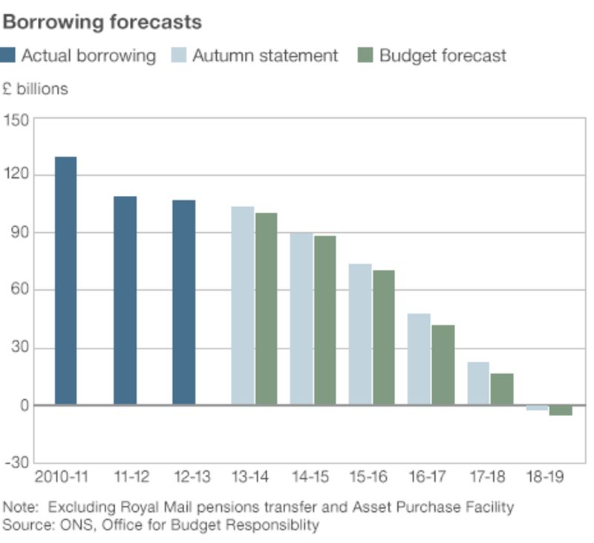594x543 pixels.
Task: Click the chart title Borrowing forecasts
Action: [x=102, y=22]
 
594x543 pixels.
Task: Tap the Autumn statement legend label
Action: [x=265, y=56]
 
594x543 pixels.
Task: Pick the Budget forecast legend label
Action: [x=443, y=56]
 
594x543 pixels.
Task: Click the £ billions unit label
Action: [x=35, y=89]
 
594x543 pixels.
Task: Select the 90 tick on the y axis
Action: [x=16, y=234]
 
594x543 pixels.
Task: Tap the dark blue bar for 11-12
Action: [x=125, y=300]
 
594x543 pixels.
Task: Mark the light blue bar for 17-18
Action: [x=478, y=384]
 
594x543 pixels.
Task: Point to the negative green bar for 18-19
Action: [x=561, y=410]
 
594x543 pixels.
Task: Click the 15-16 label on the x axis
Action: [x=368, y=477]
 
